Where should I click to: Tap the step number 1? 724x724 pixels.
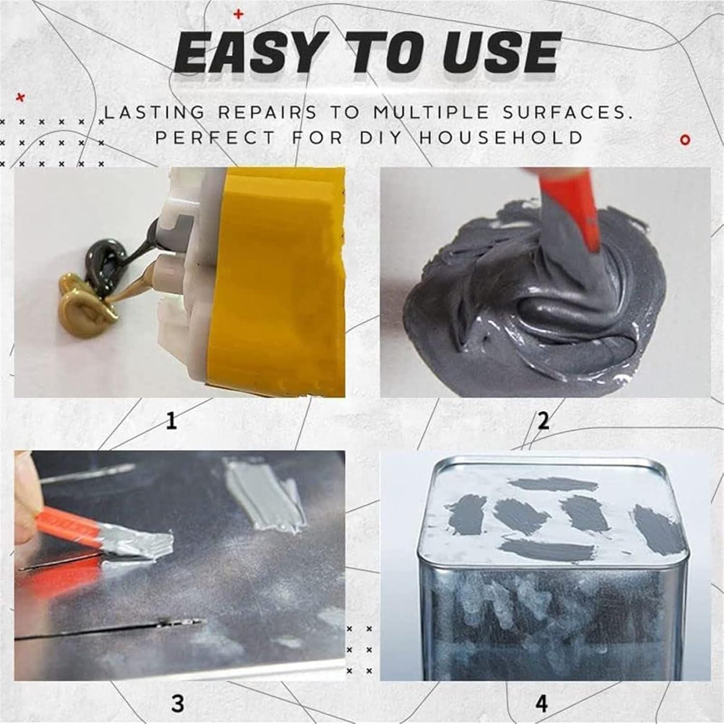[x=171, y=421]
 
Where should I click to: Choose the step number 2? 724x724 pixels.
[x=543, y=421]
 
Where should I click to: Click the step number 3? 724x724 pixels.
[x=178, y=703]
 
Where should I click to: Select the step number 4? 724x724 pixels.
[x=542, y=703]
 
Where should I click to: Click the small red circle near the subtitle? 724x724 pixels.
[x=685, y=140]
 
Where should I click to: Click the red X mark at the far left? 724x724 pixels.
[x=20, y=98]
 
